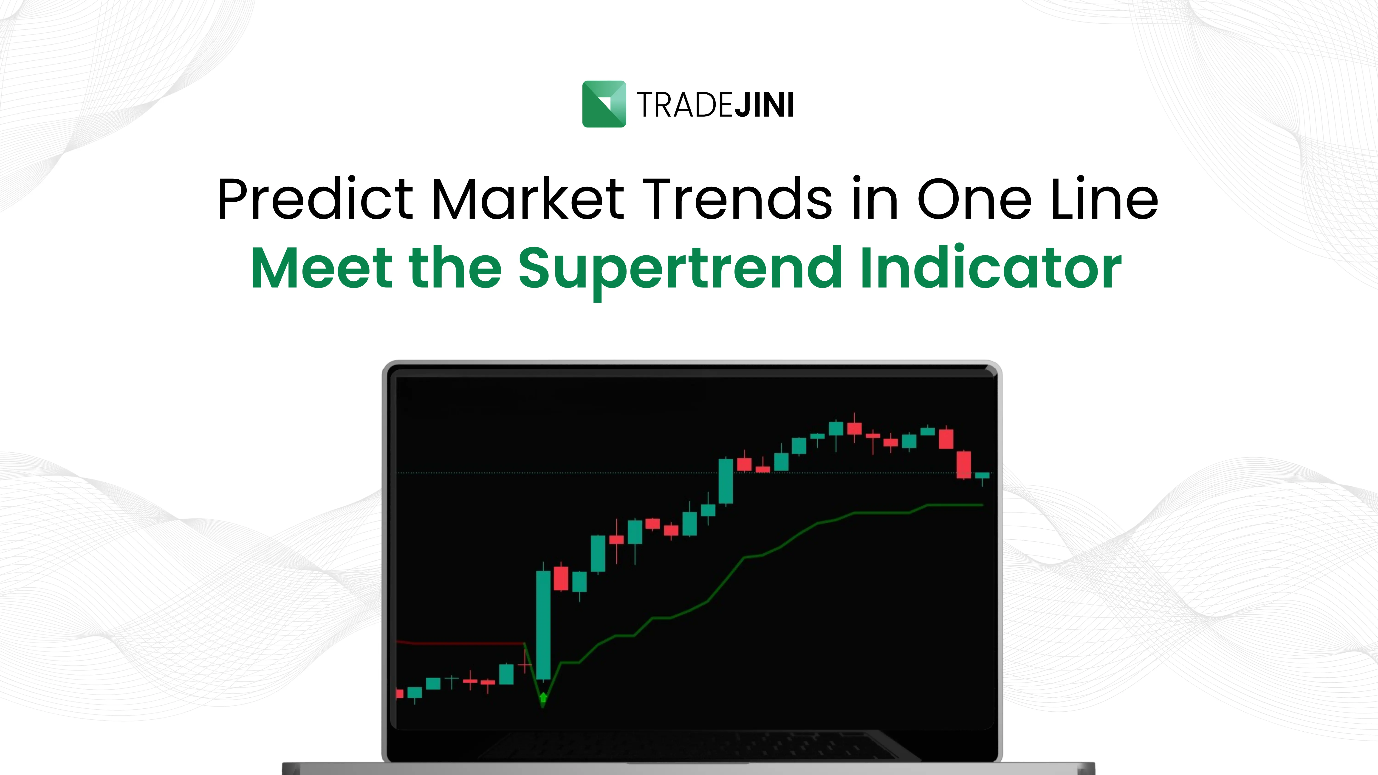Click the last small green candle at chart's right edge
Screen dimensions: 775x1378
pos(982,475)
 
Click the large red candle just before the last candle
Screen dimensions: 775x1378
pos(964,464)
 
